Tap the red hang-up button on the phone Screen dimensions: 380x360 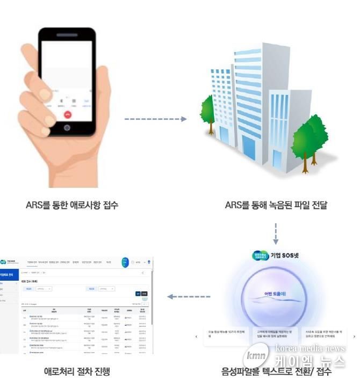(68, 114)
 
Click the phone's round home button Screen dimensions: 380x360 (67, 128)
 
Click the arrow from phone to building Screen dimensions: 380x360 (155, 119)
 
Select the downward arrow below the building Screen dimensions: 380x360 (276, 231)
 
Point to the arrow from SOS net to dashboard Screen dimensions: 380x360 (188, 296)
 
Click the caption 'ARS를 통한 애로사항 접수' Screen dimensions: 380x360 (72, 205)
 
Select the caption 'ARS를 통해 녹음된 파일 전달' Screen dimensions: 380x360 (276, 205)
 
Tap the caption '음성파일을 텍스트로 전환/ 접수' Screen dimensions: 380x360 (276, 371)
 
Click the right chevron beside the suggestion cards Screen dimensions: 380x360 (354, 337)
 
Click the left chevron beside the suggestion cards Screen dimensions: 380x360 (196, 337)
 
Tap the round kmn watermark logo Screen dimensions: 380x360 (257, 355)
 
